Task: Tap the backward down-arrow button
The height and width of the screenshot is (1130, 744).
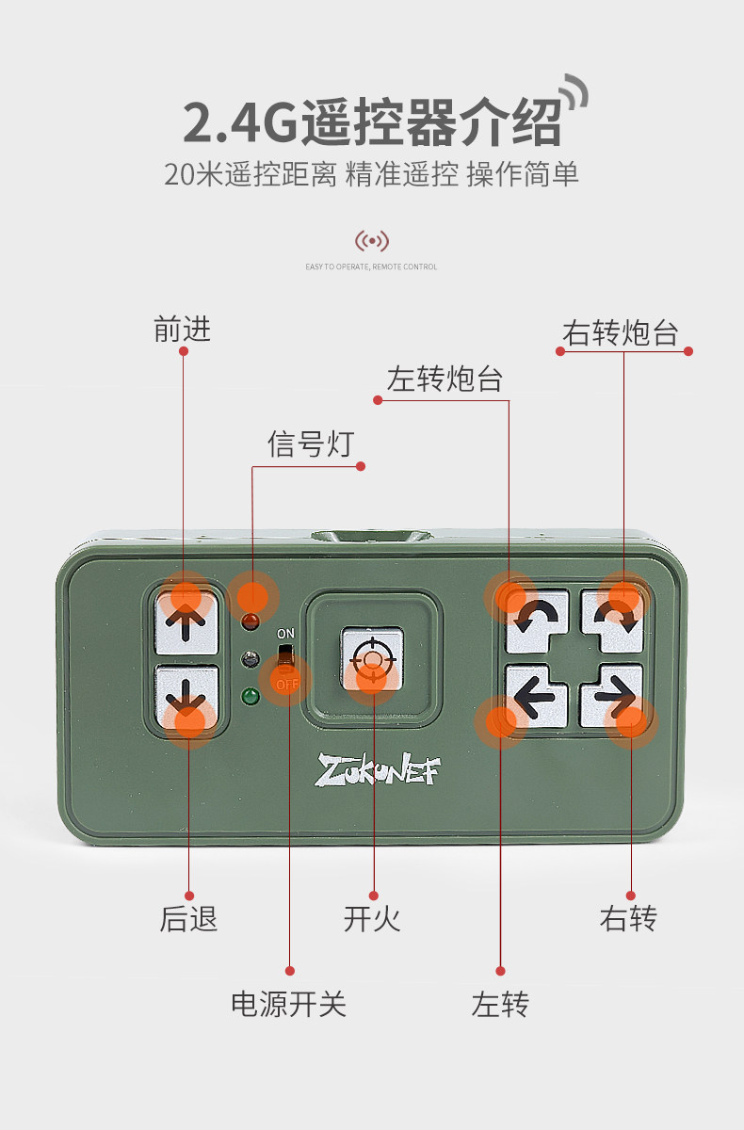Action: (x=187, y=699)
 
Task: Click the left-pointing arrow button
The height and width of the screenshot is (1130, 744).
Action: (x=536, y=698)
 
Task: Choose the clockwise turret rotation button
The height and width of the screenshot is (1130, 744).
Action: (x=613, y=619)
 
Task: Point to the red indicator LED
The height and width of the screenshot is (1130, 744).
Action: (x=251, y=621)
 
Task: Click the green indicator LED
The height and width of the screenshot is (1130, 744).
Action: (x=251, y=698)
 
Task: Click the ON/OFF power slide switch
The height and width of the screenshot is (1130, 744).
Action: (x=285, y=658)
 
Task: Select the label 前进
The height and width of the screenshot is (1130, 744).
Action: (x=182, y=329)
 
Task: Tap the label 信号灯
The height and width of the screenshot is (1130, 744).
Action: (x=309, y=443)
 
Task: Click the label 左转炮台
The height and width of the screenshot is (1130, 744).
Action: (x=444, y=379)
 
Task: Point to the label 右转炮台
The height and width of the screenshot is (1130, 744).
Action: (x=621, y=332)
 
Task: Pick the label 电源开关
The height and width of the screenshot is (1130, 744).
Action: (x=288, y=1004)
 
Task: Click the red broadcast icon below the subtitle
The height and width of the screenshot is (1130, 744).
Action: (x=371, y=241)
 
